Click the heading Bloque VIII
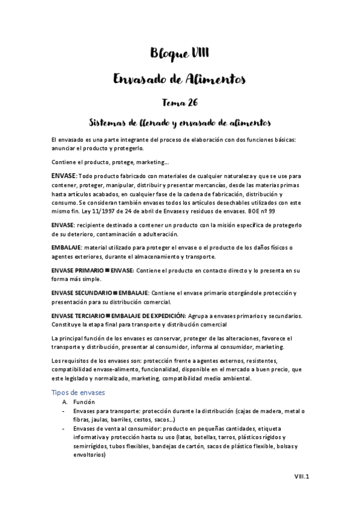click(x=180, y=54)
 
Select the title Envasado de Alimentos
click(x=180, y=79)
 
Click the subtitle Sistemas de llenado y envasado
click(x=180, y=123)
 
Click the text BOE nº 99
click(x=273, y=212)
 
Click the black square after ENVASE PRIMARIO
click(x=107, y=272)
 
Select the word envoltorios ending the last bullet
click(x=88, y=455)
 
